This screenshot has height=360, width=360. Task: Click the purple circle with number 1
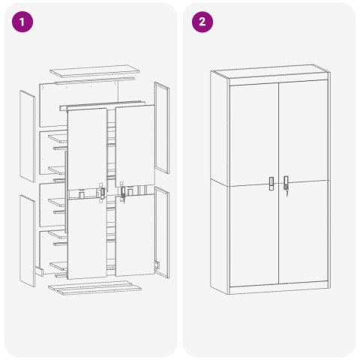(24, 22)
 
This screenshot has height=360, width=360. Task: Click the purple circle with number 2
(201, 22)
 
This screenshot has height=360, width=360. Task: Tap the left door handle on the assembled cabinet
(271, 183)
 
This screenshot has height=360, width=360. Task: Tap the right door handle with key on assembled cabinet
(286, 184)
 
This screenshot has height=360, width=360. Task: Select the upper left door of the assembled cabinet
(253, 131)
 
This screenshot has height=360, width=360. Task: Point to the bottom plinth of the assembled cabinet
(279, 288)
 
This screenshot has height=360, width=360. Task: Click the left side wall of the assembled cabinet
(220, 180)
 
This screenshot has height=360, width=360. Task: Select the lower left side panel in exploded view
(28, 240)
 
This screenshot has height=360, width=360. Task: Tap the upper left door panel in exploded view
(87, 146)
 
